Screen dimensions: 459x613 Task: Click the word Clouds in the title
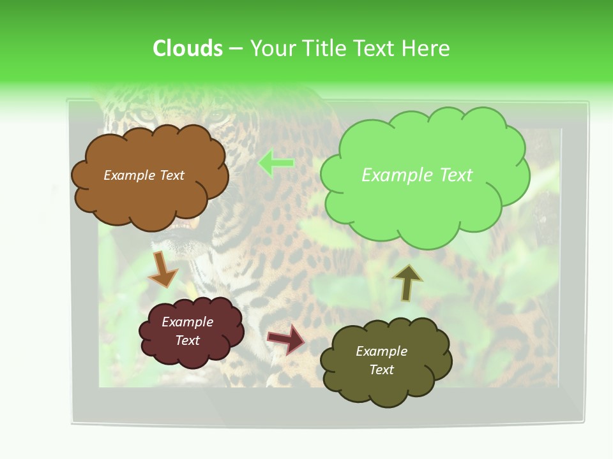tap(188, 48)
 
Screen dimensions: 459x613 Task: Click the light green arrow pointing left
tap(276, 163)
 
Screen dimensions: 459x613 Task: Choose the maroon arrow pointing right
tap(287, 339)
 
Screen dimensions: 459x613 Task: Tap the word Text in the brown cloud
tap(172, 175)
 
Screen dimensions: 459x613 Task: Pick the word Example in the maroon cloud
tap(187, 322)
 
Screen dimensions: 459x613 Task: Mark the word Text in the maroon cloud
tap(187, 340)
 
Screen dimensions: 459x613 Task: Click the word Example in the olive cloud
tap(381, 351)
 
